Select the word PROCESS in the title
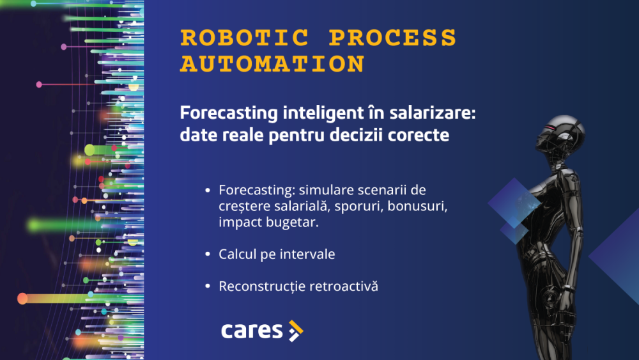392,38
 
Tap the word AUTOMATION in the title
272,64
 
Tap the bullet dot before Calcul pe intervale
207,254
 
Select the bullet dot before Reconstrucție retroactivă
207,286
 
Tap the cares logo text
252,331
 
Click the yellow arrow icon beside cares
295,331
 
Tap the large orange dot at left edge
22,298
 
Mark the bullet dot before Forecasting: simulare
207,191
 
